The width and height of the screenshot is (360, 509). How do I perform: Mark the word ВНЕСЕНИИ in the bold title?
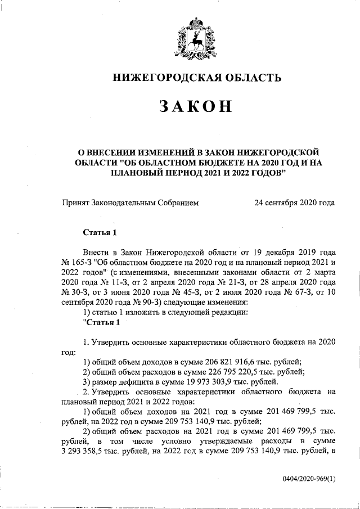115,151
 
